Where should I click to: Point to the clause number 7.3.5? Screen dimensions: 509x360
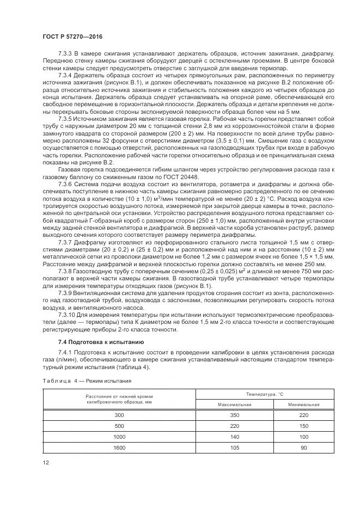click(66, 118)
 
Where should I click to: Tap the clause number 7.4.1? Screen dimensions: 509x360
click(66, 354)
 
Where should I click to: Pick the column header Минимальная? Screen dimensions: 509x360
click(303, 404)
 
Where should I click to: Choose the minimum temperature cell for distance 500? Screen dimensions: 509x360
click(303, 426)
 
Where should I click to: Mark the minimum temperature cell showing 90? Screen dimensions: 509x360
click(303, 447)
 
